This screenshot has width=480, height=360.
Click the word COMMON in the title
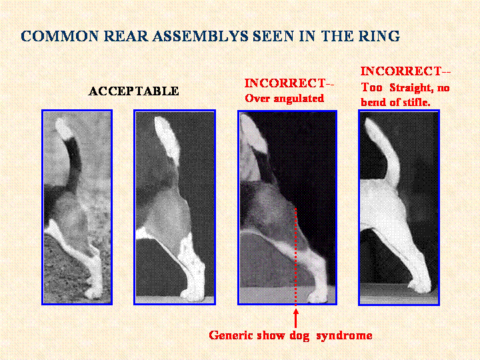click(59, 36)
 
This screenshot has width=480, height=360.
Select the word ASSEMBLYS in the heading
click(200, 36)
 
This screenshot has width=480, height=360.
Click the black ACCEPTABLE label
click(133, 91)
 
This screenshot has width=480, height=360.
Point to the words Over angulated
click(285, 98)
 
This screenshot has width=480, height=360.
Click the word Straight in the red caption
click(411, 88)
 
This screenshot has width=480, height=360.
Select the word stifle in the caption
click(416, 102)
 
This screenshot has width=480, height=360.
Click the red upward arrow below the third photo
click(296, 319)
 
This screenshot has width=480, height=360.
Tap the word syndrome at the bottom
click(344, 335)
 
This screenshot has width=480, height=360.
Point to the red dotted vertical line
click(296, 257)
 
